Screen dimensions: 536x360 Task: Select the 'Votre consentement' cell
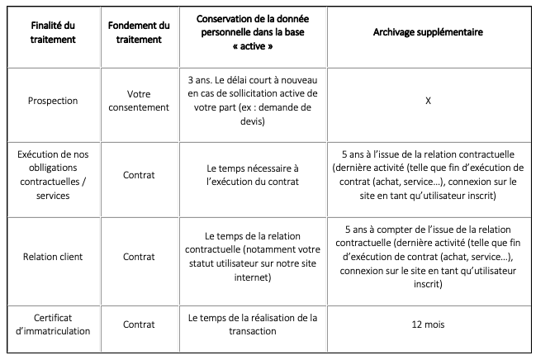click(x=139, y=101)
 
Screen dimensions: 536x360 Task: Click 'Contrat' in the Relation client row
click(x=139, y=256)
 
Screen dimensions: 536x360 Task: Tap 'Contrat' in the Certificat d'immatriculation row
click(x=139, y=324)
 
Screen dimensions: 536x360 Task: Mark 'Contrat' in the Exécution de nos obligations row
click(x=139, y=175)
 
